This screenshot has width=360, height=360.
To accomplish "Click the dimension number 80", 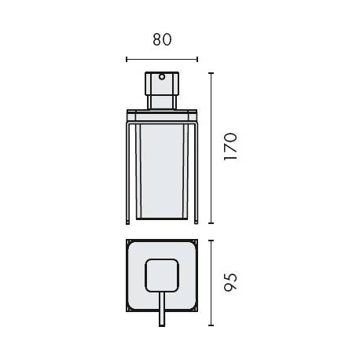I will pyautogui.click(x=162, y=39).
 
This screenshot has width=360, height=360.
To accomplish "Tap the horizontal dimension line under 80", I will pyautogui.click(x=162, y=57).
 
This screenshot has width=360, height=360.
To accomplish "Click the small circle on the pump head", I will pyautogui.click(x=162, y=78).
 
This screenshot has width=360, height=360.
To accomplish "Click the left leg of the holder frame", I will pyautogui.click(x=128, y=169).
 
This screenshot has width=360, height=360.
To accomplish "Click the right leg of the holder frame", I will pyautogui.click(x=196, y=169).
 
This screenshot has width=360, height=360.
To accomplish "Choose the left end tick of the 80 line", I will pyautogui.click(x=127, y=57).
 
